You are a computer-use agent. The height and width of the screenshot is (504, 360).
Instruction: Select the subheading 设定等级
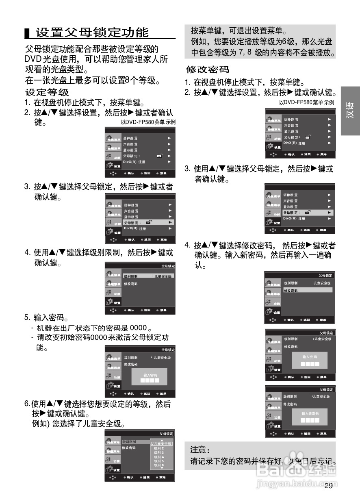point(47,92)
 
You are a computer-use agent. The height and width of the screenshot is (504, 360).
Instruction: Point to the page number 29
point(329,486)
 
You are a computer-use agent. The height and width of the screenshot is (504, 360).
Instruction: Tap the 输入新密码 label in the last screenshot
point(310,413)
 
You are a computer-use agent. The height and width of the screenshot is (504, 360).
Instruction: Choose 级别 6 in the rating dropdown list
point(159,465)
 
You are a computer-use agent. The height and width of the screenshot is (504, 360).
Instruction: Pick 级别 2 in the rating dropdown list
point(159,448)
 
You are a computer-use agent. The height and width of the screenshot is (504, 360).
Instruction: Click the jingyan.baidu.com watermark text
point(292,484)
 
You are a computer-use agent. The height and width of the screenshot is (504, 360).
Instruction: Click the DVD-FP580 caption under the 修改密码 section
point(307,102)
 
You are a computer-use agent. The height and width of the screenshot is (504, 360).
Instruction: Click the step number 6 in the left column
point(27,404)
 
